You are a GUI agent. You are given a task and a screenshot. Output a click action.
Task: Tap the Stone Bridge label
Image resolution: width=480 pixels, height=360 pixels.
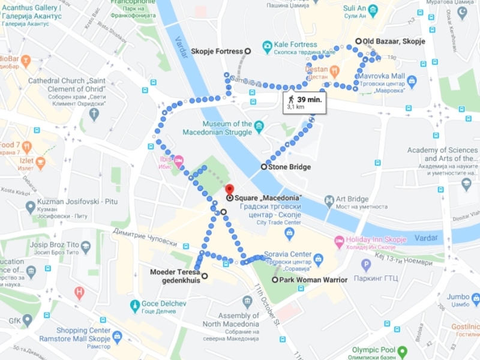point(290,167)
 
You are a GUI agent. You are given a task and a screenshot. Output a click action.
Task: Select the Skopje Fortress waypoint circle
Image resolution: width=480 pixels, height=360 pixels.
point(247,52)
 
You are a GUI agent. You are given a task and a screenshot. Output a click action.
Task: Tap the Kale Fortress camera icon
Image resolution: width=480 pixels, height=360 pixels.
point(267,46)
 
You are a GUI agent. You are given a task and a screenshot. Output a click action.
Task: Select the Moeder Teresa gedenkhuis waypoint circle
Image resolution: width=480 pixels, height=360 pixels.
point(205,276)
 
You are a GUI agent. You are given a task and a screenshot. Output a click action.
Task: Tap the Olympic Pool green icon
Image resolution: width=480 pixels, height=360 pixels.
point(403,351)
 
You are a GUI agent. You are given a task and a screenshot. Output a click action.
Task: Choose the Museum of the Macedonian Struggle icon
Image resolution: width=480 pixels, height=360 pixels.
point(259,127)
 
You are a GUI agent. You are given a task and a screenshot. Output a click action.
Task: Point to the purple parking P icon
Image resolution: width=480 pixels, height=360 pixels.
point(366,265)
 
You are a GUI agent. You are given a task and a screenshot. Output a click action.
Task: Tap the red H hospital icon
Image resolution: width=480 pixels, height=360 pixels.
point(79,293)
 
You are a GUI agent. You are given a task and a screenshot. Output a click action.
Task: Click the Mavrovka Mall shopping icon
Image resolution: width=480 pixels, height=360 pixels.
point(412,81)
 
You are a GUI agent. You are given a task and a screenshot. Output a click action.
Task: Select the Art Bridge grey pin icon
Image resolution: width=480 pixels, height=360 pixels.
point(329,200)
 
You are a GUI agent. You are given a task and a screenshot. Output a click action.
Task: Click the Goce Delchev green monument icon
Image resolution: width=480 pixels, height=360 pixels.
point(135,304)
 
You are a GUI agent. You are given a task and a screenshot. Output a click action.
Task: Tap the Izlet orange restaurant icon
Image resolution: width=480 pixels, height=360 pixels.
point(40,162)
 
